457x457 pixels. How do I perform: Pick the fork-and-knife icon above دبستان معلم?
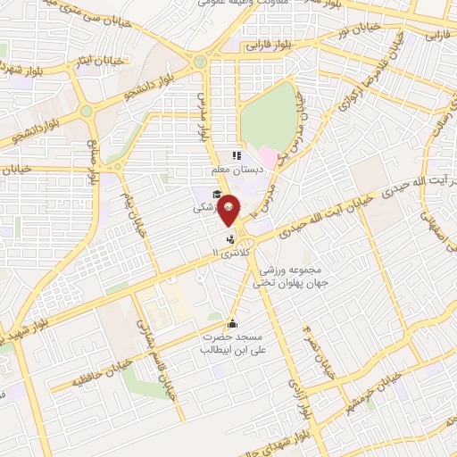pos(237,155)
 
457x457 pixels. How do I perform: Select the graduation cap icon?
pos(216,194)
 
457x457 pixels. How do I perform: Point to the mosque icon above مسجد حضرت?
pos(233,323)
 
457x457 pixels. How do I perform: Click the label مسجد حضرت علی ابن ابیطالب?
pos(233,345)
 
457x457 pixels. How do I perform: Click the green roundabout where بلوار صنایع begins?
pos(87,112)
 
